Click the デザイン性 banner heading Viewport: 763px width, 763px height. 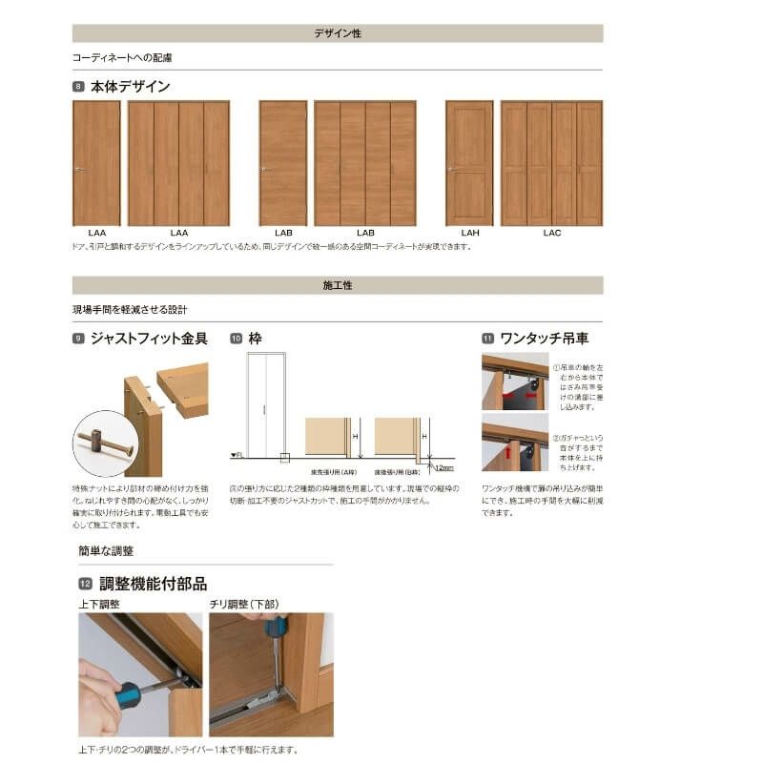point(338,33)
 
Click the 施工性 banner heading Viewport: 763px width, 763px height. point(338,285)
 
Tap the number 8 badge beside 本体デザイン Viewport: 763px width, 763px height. point(78,87)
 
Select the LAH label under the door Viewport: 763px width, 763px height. point(469,233)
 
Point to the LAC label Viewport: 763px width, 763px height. point(551,233)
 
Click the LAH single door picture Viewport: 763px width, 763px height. point(469,163)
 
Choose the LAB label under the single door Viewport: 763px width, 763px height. point(283,233)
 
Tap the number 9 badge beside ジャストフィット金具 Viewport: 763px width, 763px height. point(78,339)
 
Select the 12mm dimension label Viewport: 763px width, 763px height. point(443,467)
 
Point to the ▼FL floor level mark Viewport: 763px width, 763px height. point(237,456)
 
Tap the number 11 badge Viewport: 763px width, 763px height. point(487,339)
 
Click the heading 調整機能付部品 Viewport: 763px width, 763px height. point(153,584)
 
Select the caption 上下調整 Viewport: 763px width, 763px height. point(98,604)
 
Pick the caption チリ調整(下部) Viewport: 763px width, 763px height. point(244,604)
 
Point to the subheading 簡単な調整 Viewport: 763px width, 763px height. point(106,551)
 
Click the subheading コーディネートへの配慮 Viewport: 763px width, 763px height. point(122,57)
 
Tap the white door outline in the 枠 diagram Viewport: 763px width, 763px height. point(265,401)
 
